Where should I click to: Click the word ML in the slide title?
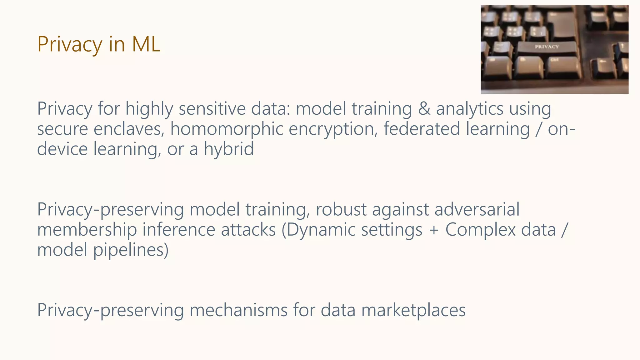146,44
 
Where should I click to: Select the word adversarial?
477,209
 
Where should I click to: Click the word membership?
87,230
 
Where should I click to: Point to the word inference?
179,230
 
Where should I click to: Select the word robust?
341,209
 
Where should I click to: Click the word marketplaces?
413,310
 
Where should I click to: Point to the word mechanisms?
238,310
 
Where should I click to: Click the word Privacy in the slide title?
70,44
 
